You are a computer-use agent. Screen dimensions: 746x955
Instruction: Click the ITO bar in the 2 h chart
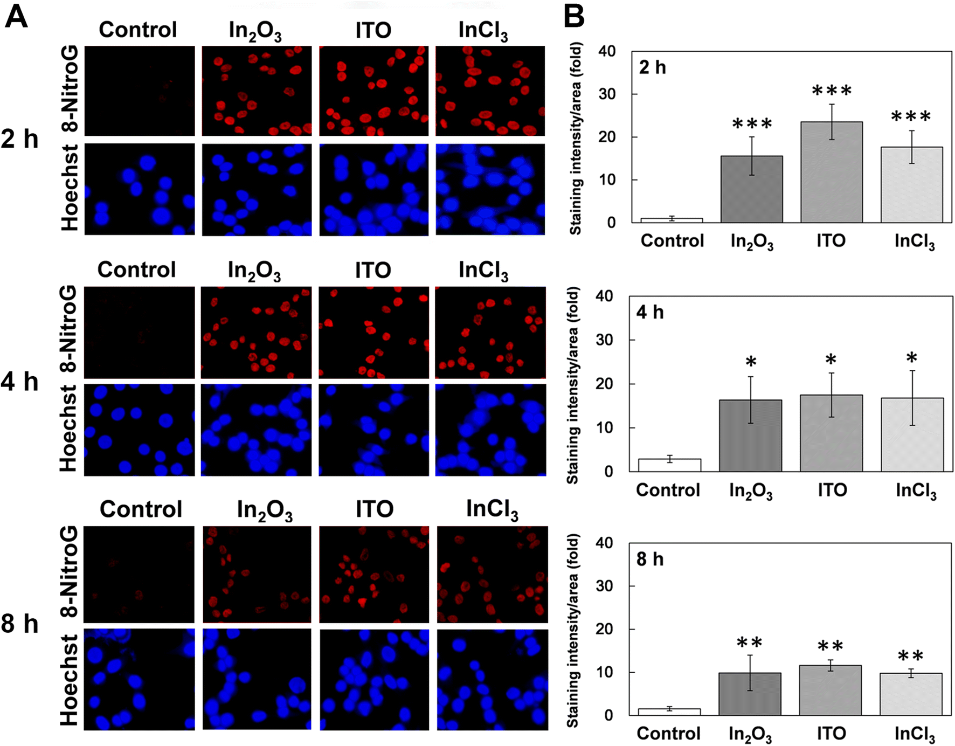point(831,172)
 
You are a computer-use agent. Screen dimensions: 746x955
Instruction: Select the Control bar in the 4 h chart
point(669,465)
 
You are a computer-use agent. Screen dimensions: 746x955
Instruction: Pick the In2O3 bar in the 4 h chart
point(750,436)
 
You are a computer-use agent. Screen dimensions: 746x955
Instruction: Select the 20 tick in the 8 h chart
point(606,629)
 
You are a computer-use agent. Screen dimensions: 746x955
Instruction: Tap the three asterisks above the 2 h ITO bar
point(832,91)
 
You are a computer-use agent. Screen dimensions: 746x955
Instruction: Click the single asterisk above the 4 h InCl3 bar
point(911,358)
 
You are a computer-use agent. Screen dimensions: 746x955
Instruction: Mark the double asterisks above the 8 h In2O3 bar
point(749,643)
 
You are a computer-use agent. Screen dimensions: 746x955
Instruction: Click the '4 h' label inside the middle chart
point(650,313)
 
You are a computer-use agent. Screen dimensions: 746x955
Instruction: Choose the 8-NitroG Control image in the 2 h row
point(139,91)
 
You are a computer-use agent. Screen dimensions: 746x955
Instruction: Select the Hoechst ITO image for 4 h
point(373,430)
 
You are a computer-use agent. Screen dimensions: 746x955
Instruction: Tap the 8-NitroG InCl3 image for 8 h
point(492,575)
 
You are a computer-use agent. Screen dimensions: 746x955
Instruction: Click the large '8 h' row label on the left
point(19,624)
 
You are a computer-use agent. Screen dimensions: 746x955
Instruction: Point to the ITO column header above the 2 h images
point(373,30)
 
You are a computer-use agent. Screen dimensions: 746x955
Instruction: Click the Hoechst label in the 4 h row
point(68,429)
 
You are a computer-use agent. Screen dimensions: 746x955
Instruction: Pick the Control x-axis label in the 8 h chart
point(668,733)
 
